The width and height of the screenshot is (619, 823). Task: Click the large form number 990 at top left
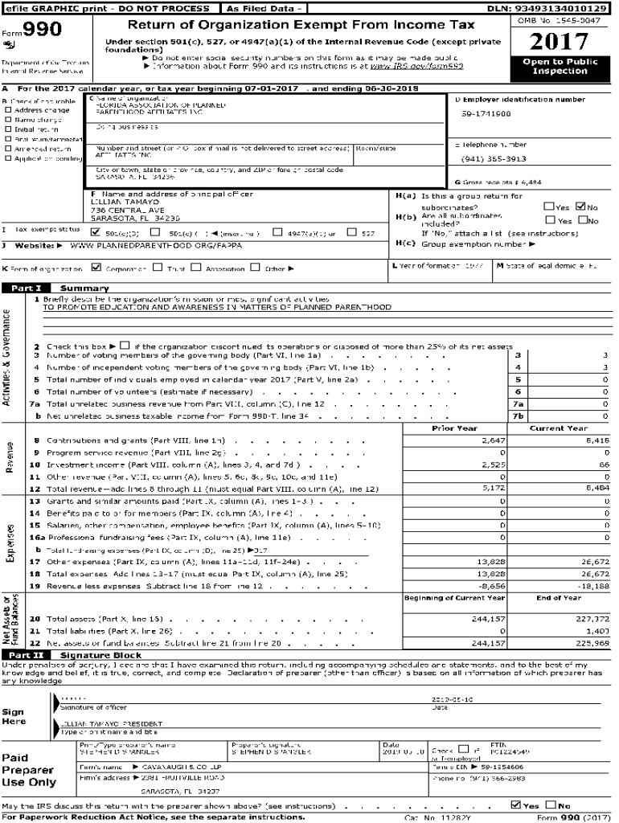point(35,31)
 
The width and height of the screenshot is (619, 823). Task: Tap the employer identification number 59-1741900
point(486,114)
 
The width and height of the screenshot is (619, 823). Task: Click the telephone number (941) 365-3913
point(494,158)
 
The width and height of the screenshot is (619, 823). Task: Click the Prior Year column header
point(455,428)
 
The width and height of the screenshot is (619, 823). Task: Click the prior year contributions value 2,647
point(491,440)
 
